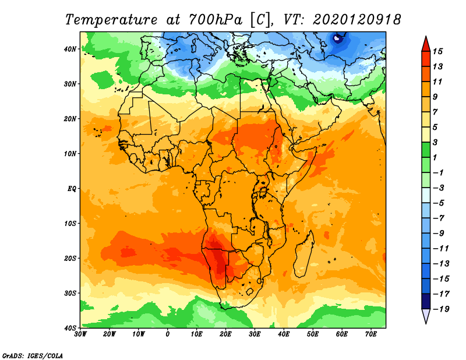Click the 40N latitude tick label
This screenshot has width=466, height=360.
70,49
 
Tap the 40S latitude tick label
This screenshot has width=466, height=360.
70,327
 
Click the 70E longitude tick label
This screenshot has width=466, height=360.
370,334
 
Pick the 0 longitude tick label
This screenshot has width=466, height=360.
168,334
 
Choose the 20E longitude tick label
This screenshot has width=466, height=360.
225,334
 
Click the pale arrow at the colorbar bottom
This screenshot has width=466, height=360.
426,316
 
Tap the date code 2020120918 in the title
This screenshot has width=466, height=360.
356,19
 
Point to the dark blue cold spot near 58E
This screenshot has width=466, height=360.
337,39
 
